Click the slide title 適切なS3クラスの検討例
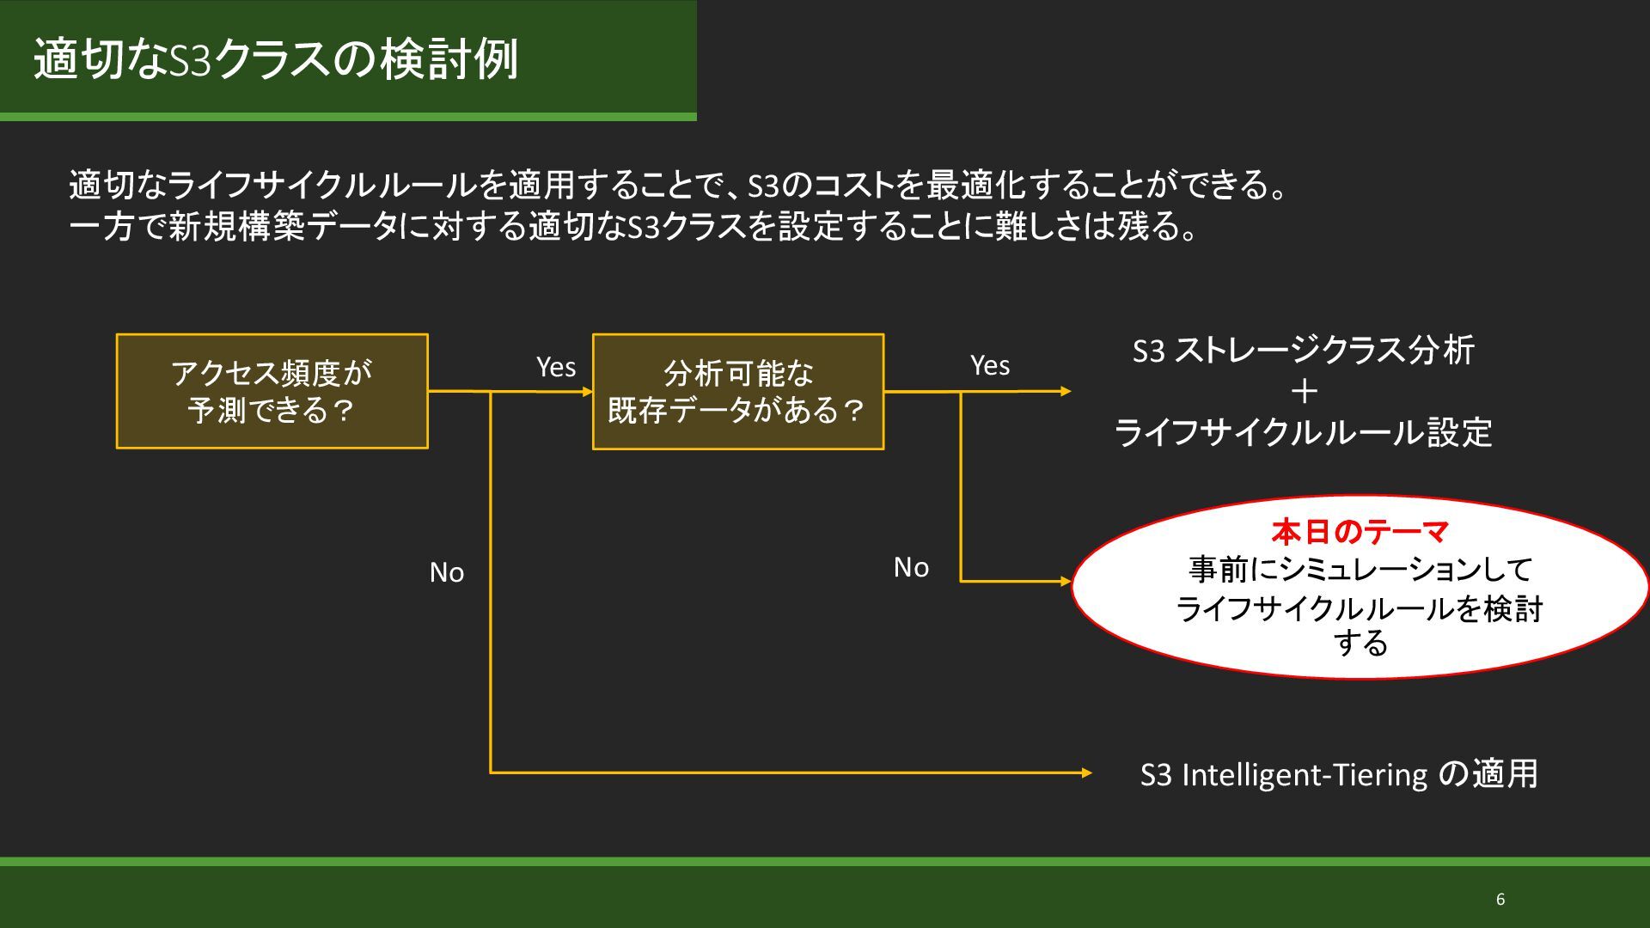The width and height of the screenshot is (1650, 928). [x=276, y=59]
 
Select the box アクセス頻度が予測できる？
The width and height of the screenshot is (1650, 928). [x=272, y=391]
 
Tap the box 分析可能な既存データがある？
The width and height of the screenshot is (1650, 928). [x=737, y=391]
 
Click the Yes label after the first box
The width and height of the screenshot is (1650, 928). [x=556, y=367]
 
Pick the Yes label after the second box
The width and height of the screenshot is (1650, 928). [x=990, y=365]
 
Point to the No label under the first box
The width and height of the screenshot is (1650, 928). [x=447, y=572]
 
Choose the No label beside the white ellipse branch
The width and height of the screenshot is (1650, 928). [x=911, y=567]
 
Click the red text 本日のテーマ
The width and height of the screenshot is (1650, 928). [x=1360, y=532]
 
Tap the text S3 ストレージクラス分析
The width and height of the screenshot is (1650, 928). [x=1303, y=350]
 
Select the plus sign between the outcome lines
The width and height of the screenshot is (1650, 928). [x=1304, y=392]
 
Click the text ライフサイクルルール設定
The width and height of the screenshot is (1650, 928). [x=1303, y=432]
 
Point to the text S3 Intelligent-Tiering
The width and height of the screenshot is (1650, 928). [x=1283, y=775]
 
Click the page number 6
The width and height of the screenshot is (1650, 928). [x=1500, y=900]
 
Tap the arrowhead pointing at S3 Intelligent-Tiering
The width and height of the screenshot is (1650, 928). [x=1087, y=772]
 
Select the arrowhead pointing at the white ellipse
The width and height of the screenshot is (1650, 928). [x=1066, y=581]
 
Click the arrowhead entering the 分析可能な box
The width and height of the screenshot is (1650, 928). [x=588, y=392]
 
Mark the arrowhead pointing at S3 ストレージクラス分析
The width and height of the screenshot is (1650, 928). [x=1066, y=391]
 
